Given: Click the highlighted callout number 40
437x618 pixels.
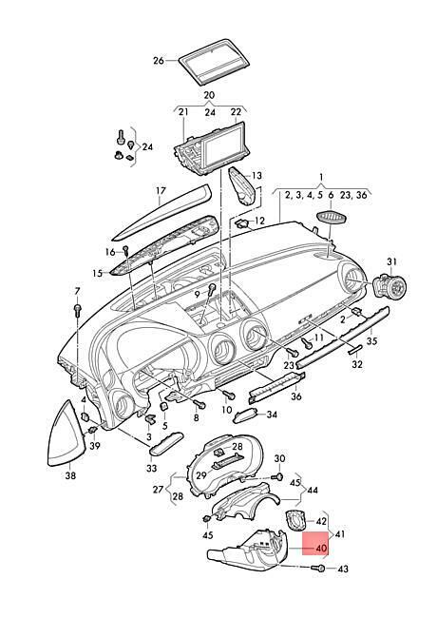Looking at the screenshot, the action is [321, 549].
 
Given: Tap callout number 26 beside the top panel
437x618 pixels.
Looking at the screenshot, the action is [159, 61].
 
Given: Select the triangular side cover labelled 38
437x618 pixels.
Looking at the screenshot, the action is [66, 435].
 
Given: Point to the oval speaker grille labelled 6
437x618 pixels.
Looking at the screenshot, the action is [332, 217].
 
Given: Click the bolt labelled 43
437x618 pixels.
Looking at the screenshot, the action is [318, 569].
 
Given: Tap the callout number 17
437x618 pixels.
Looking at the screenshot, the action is [161, 191].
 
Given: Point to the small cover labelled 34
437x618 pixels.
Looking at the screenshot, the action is [245, 415].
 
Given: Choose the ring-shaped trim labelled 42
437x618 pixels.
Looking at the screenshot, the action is [294, 520].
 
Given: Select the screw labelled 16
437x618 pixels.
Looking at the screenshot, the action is [126, 251].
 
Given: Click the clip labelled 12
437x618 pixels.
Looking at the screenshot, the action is [242, 224].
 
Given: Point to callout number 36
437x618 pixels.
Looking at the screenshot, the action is [296, 396].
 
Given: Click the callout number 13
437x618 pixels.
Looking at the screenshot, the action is [256, 176].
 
